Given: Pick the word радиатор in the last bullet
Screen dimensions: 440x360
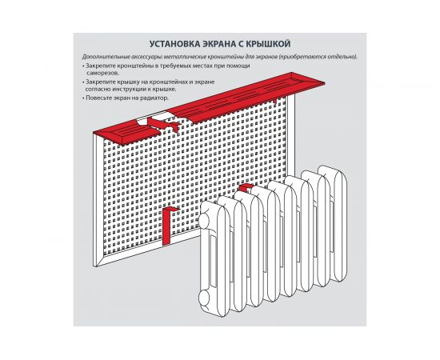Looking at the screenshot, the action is (x=155, y=98).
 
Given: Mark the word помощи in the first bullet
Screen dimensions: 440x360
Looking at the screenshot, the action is (x=238, y=66).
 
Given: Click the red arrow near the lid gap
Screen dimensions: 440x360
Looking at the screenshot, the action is (x=163, y=124).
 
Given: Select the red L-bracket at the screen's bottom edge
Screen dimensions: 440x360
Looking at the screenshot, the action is (x=168, y=226).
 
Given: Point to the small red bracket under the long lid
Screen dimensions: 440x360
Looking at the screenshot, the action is (x=275, y=101).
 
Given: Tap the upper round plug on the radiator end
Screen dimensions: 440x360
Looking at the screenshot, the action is (x=204, y=219).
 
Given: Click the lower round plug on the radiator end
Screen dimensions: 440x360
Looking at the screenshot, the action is (x=205, y=298).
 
